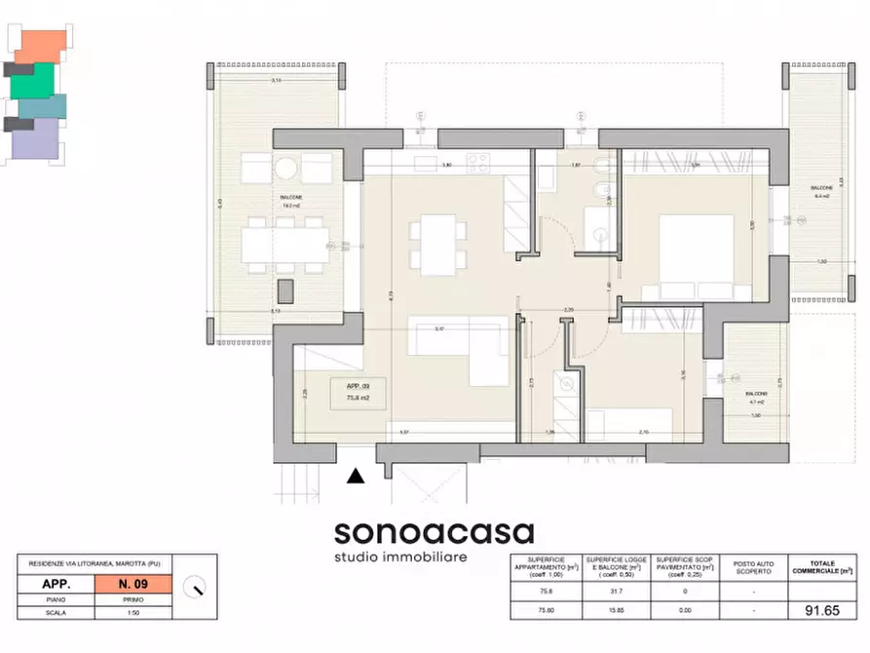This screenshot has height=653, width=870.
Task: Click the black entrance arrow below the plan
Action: pyautogui.click(x=357, y=476)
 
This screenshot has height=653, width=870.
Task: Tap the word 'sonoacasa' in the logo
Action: pyautogui.click(x=434, y=532)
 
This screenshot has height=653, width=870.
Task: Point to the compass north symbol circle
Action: pyautogui.click(x=198, y=588)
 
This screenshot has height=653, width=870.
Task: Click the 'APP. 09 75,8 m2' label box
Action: pyautogui.click(x=359, y=392)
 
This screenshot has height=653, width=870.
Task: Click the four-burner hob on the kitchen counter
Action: pyautogui.click(x=478, y=162)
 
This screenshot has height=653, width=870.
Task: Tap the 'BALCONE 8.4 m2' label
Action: pyautogui.click(x=819, y=192)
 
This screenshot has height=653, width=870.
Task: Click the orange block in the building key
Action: pyautogui.click(x=42, y=44)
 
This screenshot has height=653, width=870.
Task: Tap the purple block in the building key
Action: pyautogui.click(x=35, y=140)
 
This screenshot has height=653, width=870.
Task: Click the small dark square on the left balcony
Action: pyautogui.click(x=285, y=290)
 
